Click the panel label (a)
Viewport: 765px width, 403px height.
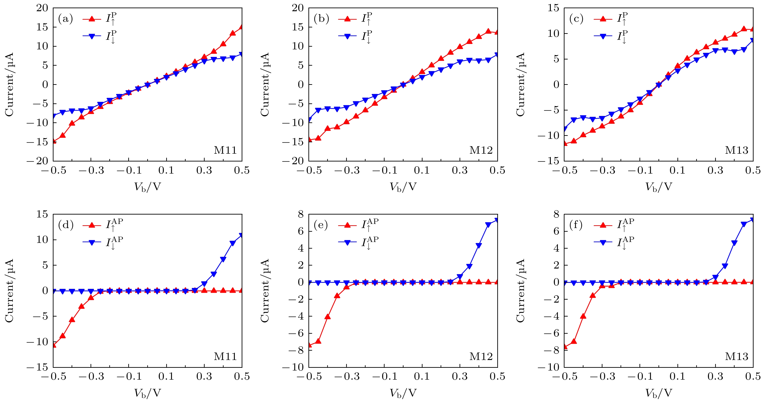point(65,19)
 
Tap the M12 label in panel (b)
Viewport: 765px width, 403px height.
point(481,150)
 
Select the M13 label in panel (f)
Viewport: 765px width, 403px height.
point(736,356)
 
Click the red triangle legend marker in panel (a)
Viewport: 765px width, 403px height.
point(92,19)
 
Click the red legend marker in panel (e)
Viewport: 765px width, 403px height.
point(347,225)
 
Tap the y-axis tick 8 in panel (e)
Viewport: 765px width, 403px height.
point(300,214)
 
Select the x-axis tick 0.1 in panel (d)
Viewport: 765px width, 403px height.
point(166,376)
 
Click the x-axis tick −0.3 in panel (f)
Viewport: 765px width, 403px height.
point(602,376)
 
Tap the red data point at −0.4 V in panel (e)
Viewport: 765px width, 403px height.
point(328,317)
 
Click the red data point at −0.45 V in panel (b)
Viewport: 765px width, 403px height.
point(318,138)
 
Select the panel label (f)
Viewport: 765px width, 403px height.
point(576,225)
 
